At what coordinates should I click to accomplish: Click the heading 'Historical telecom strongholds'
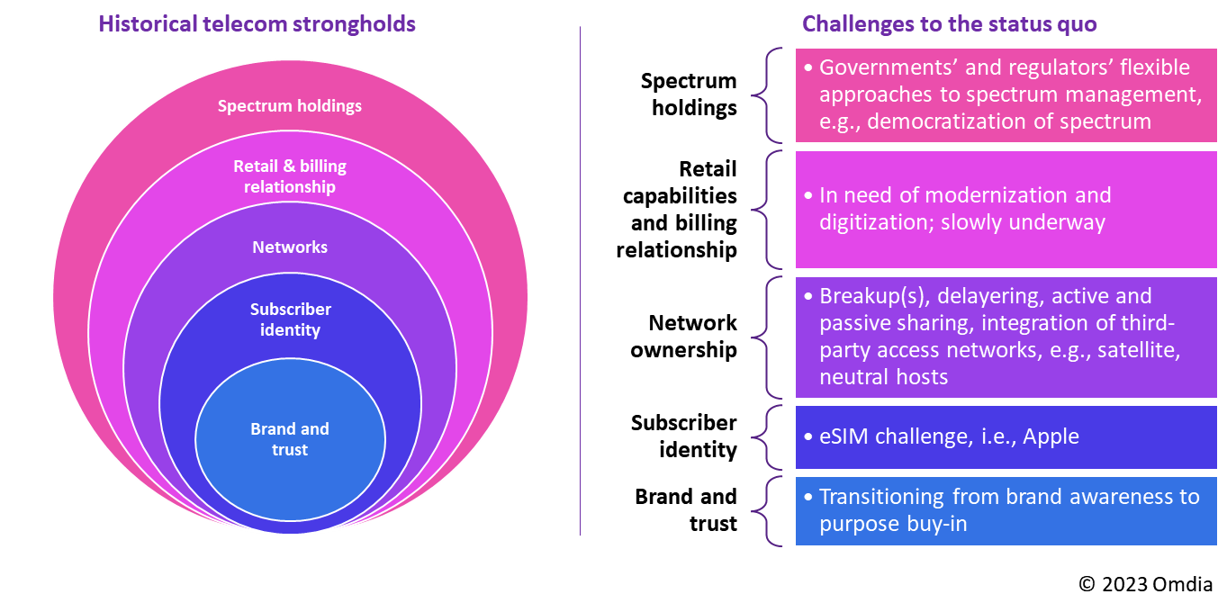257,23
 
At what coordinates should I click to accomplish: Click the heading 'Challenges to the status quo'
949,23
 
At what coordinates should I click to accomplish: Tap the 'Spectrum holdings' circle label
290,106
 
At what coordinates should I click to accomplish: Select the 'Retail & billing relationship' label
290,176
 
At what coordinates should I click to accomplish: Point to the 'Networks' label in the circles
290,247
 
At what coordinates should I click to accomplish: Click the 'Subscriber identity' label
290,319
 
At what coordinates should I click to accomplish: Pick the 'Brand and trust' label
290,439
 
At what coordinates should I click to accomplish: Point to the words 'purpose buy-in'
893,524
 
